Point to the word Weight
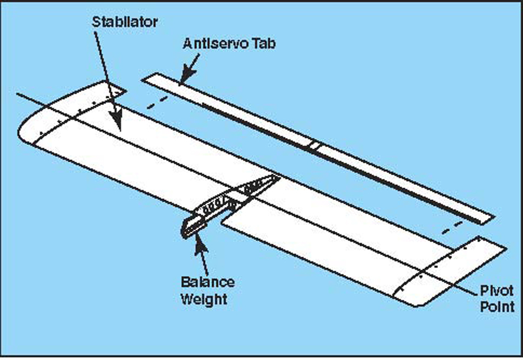pyautogui.click(x=204, y=299)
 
